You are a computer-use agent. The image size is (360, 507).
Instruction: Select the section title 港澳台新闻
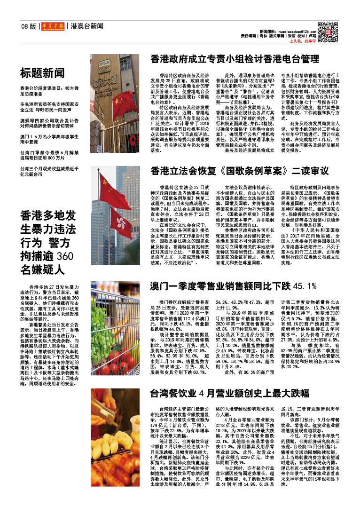pyautogui.click(x=87, y=27)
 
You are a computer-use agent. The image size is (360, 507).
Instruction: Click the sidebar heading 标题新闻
pyautogui.click(x=42, y=73)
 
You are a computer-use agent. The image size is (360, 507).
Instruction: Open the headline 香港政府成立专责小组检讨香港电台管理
pyautogui.click(x=235, y=59)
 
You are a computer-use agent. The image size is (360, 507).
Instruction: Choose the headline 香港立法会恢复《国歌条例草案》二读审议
pyautogui.click(x=239, y=171)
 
